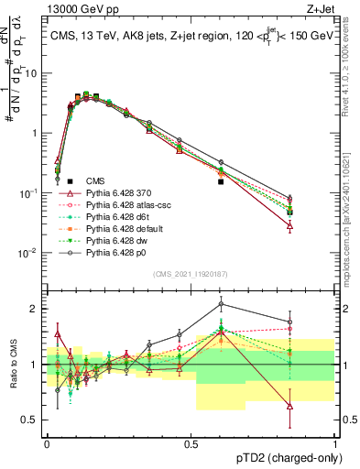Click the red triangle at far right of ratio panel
[x=289, y=406]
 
